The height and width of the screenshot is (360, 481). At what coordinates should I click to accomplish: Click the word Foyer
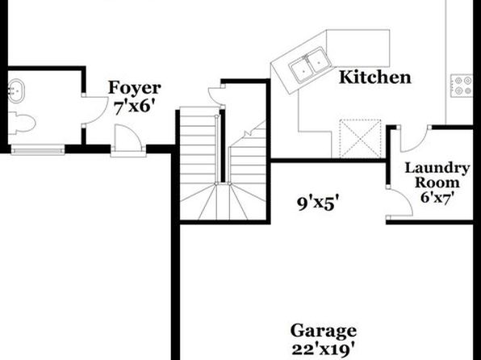134,88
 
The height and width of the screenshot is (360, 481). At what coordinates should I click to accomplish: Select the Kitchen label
374,77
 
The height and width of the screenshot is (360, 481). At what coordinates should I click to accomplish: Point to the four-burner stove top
462,86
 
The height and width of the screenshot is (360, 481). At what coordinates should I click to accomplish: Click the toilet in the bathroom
22,123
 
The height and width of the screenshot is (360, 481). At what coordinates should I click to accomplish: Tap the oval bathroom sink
16,90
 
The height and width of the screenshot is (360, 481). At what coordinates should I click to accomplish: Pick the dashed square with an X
360,139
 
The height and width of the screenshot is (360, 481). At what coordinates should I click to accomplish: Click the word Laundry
437,168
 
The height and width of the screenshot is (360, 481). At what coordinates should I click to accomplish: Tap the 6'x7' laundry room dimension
437,197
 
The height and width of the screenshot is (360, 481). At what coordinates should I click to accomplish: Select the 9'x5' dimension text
319,203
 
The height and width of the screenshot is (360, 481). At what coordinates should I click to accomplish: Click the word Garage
324,332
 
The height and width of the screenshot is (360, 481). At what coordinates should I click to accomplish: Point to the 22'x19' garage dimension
324,350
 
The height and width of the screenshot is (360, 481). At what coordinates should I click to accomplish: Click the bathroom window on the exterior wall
38,150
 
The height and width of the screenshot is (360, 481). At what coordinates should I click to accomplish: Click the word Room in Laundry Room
437,182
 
